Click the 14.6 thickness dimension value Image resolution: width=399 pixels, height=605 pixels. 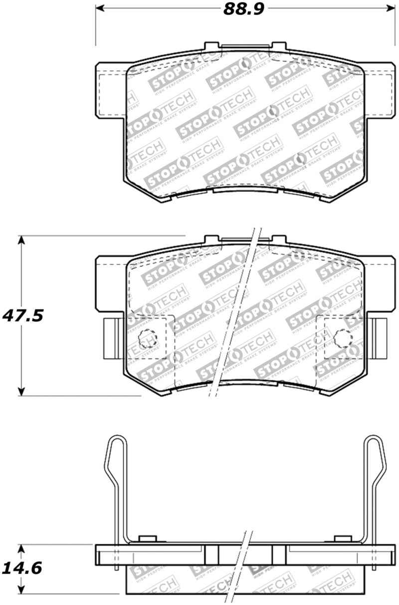[x=22, y=568]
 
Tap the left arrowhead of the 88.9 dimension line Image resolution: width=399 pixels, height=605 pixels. [x=100, y=9]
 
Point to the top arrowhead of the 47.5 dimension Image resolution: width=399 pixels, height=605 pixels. [x=21, y=240]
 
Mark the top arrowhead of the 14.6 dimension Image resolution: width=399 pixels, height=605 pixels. [x=21, y=549]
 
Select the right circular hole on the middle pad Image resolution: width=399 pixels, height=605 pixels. [x=342, y=338]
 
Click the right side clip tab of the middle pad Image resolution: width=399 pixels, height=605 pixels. [x=380, y=338]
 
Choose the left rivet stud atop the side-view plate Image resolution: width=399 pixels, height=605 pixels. [x=146, y=538]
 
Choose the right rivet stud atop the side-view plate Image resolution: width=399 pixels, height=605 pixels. [x=342, y=538]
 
